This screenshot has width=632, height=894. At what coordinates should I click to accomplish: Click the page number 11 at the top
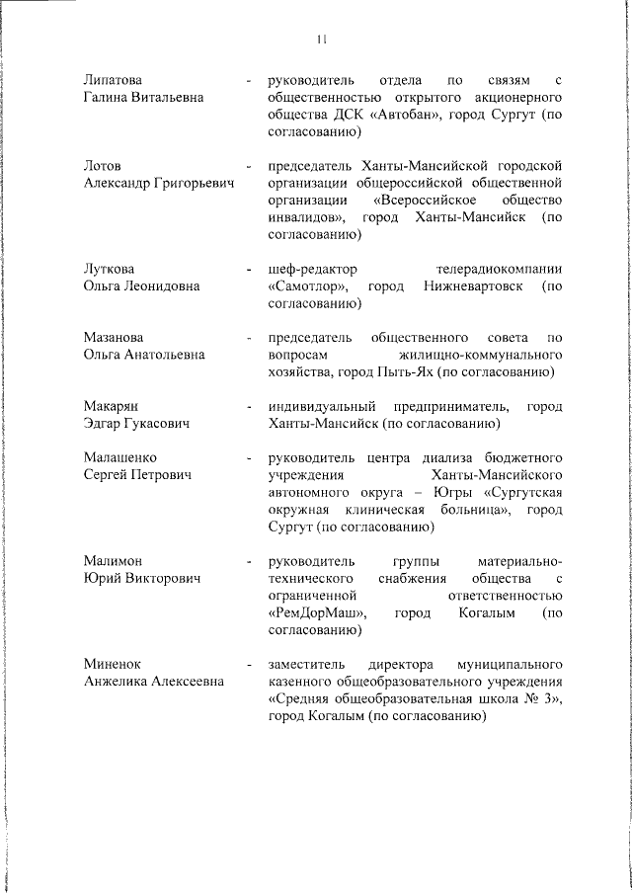pos(322,40)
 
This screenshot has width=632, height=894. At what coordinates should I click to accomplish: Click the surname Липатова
pos(113,79)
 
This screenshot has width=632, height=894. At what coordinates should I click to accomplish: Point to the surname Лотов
pos(103,165)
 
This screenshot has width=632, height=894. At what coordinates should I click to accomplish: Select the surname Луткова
pos(110,269)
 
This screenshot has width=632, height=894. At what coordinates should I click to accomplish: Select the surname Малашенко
pos(120,458)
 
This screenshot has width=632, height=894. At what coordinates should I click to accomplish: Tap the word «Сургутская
pos(524,493)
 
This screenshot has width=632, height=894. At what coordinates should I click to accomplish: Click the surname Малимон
pos(114,561)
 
